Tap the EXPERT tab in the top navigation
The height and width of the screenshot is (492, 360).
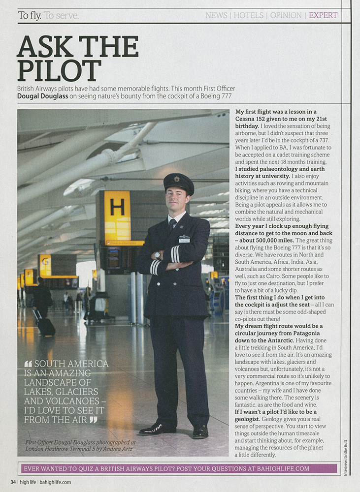coord(323,15)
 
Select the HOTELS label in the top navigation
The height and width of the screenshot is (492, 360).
coord(248,15)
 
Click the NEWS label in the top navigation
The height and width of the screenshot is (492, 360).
coord(216,15)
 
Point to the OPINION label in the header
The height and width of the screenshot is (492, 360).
coord(286,15)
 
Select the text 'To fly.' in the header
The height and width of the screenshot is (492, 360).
coord(30,15)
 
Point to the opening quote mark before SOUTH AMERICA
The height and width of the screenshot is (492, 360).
coord(28,364)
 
